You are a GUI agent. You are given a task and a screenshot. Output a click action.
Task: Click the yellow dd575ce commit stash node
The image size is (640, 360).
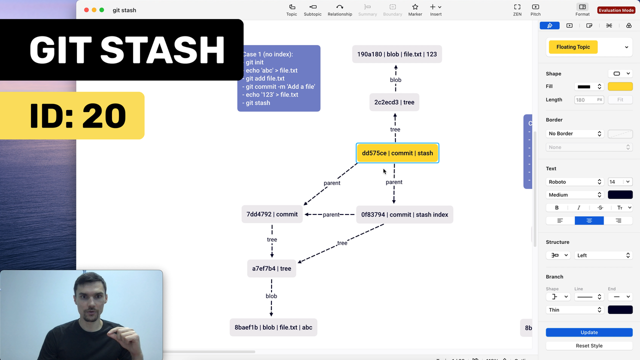[x=397, y=153]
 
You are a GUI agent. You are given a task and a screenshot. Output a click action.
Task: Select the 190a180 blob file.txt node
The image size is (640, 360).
[x=397, y=54]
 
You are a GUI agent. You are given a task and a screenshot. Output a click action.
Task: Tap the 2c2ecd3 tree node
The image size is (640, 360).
[x=394, y=102]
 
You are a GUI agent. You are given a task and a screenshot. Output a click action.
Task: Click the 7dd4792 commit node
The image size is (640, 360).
[x=272, y=214]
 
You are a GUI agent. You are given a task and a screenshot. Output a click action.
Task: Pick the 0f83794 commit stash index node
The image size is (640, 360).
[x=404, y=214]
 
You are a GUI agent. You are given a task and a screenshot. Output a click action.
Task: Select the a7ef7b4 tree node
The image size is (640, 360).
[x=271, y=268]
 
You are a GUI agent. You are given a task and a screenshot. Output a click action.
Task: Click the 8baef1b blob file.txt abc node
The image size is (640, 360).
[x=273, y=327]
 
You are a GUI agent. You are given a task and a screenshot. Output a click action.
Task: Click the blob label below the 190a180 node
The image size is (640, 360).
[x=395, y=80]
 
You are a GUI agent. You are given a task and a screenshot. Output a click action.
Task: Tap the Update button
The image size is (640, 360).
[x=589, y=332]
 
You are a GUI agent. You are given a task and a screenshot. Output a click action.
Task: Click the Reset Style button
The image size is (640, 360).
[x=589, y=345]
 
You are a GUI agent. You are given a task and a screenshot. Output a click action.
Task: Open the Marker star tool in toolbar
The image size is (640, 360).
[x=415, y=9]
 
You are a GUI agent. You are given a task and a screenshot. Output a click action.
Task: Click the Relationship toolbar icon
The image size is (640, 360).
[x=339, y=9]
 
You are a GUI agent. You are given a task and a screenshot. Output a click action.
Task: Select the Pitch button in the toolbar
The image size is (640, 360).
[x=535, y=9]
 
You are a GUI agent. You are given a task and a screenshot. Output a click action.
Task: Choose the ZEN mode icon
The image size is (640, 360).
[x=517, y=9]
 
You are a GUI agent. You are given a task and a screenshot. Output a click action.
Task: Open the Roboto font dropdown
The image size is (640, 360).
[x=574, y=181]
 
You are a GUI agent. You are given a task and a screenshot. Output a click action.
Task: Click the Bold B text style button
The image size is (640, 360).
[x=556, y=207]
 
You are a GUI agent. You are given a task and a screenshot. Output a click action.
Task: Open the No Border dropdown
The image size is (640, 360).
[x=574, y=133]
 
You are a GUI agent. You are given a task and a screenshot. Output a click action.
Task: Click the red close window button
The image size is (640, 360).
[x=86, y=10]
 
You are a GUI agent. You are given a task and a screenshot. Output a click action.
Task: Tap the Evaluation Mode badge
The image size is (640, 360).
[x=616, y=10]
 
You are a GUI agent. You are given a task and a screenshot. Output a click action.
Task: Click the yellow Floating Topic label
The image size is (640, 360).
[x=573, y=47]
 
